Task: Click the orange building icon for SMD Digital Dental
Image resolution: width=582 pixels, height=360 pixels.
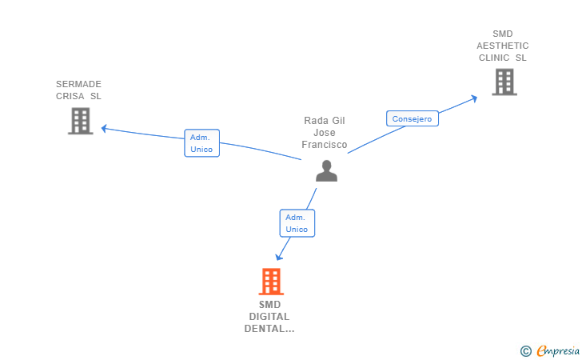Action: (x=271, y=282)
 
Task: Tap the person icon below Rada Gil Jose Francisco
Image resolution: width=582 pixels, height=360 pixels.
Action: (x=327, y=171)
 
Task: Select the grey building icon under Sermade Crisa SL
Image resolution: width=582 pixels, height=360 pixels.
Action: (x=81, y=121)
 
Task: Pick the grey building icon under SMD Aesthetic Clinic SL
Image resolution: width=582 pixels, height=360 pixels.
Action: (x=504, y=82)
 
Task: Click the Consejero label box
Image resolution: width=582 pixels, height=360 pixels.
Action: (x=413, y=118)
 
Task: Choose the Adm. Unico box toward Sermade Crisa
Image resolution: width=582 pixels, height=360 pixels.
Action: (x=202, y=143)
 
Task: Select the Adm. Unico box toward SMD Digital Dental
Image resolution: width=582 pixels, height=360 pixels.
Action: (x=297, y=223)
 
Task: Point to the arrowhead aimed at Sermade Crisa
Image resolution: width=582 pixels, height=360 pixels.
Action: (x=104, y=129)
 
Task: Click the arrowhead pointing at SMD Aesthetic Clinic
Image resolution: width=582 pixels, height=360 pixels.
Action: (x=474, y=98)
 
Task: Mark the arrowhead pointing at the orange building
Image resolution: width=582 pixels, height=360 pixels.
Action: (x=279, y=257)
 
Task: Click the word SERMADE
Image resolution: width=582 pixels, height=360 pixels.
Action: (x=78, y=84)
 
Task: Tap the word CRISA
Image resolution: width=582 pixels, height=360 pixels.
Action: (x=70, y=96)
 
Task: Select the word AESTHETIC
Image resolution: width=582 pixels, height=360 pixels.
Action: (x=503, y=46)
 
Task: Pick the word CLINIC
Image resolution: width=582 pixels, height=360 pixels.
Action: (x=494, y=58)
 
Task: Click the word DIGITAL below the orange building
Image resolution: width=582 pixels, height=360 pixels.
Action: (x=269, y=317)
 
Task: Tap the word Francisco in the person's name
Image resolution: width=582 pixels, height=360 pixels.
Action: (x=325, y=145)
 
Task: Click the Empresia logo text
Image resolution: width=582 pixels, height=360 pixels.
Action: (x=558, y=350)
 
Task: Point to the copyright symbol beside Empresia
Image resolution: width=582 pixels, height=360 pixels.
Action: (x=526, y=351)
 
